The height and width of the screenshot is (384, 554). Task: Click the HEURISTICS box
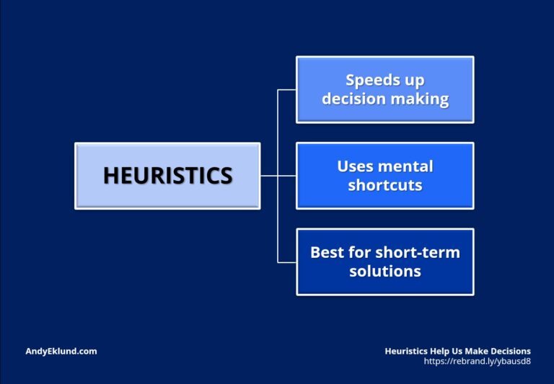tap(167, 176)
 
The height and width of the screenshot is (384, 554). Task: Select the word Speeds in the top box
tap(371, 81)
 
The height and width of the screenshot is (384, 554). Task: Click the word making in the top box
tap(420, 99)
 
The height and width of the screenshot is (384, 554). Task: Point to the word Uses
tap(354, 166)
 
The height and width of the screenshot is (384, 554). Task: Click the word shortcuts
tap(384, 185)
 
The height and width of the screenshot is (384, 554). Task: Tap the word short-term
tap(418, 253)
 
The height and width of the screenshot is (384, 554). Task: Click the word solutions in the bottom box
tap(385, 271)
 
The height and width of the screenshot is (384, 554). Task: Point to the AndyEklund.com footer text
tap(61, 351)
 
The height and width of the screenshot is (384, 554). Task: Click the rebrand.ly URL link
tap(477, 361)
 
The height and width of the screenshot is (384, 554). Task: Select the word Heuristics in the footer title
tap(406, 351)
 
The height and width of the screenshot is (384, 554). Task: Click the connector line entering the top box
tap(287, 89)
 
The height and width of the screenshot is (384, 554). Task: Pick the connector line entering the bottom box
tap(287, 262)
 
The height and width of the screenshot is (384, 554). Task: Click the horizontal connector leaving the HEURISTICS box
tap(269, 176)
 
